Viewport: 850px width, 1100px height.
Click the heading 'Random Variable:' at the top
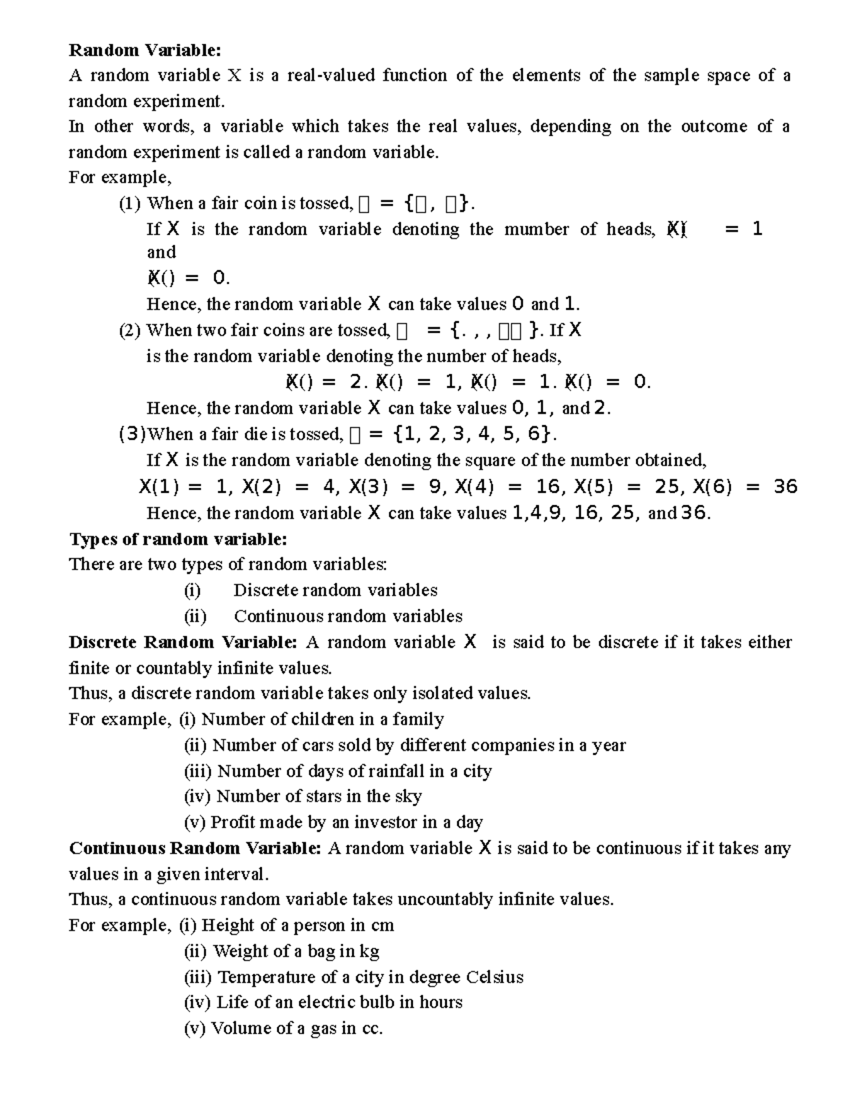pos(144,50)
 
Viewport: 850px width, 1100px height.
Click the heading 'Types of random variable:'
pos(178,539)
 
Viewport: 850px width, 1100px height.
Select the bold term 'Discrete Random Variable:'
pos(183,642)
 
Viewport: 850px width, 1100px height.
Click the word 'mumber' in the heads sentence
pos(536,229)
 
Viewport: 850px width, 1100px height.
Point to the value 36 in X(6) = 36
pos(786,487)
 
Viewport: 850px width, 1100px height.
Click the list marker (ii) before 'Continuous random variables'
pos(195,616)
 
